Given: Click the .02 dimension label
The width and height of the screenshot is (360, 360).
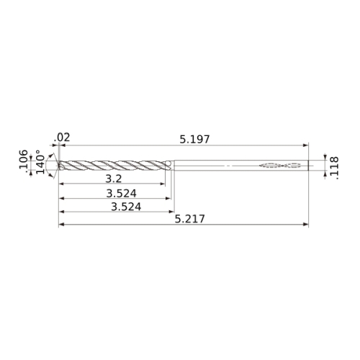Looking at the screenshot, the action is (62, 138).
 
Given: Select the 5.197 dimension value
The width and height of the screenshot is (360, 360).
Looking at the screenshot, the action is (194, 140).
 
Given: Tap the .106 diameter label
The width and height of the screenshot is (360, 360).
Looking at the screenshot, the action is (24, 159).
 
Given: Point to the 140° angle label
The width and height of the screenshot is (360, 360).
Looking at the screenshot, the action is (40, 162).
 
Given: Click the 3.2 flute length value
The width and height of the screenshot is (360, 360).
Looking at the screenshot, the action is (114, 179).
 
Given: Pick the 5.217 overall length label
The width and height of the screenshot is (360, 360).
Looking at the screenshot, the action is (189, 219).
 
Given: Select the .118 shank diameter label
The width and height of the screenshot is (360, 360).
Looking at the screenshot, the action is (334, 168).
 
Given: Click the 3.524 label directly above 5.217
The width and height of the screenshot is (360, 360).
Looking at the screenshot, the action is (126, 207).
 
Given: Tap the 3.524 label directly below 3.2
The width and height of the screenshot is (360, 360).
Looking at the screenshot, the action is (122, 194).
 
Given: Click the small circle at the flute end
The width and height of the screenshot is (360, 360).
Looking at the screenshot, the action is (168, 163).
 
